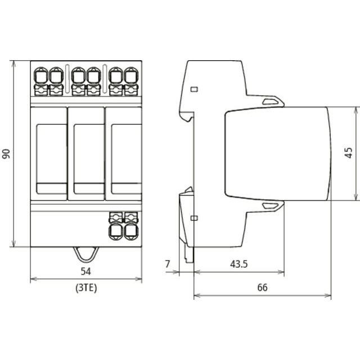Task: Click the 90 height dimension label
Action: [x=6, y=154]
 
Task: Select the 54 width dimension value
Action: [x=86, y=271]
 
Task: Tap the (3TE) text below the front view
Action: [x=86, y=287]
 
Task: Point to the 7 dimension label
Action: [x=168, y=264]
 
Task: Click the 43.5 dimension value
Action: [x=238, y=264]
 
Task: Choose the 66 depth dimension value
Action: [x=263, y=287]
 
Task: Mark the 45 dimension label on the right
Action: [x=349, y=152]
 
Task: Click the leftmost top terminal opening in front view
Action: [x=41, y=76]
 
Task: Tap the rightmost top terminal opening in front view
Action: [x=131, y=76]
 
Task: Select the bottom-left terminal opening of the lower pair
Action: [x=116, y=231]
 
